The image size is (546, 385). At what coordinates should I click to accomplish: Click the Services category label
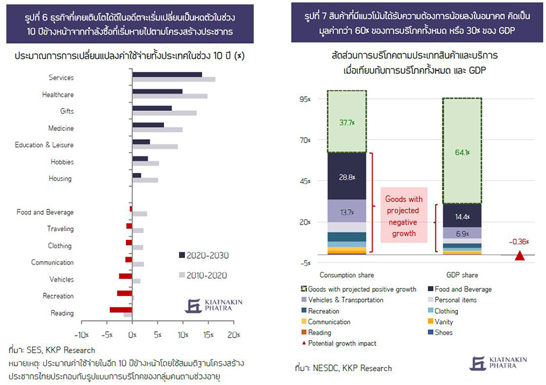tap(61, 78)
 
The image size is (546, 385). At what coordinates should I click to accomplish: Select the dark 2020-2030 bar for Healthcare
tap(157, 91)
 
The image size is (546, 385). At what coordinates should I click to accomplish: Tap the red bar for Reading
tap(120, 309)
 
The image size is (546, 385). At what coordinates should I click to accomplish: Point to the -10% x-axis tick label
tap(82, 335)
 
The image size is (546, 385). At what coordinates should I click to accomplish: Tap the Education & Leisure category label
tap(44, 145)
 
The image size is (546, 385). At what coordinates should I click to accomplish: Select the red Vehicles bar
tap(125, 276)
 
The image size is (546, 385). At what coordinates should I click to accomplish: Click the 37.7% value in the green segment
tap(346, 123)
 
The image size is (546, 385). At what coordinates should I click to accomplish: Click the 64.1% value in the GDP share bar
tap(462, 152)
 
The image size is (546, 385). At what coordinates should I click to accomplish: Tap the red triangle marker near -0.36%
tap(520, 256)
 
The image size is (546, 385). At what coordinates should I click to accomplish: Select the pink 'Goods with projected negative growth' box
tap(403, 216)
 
